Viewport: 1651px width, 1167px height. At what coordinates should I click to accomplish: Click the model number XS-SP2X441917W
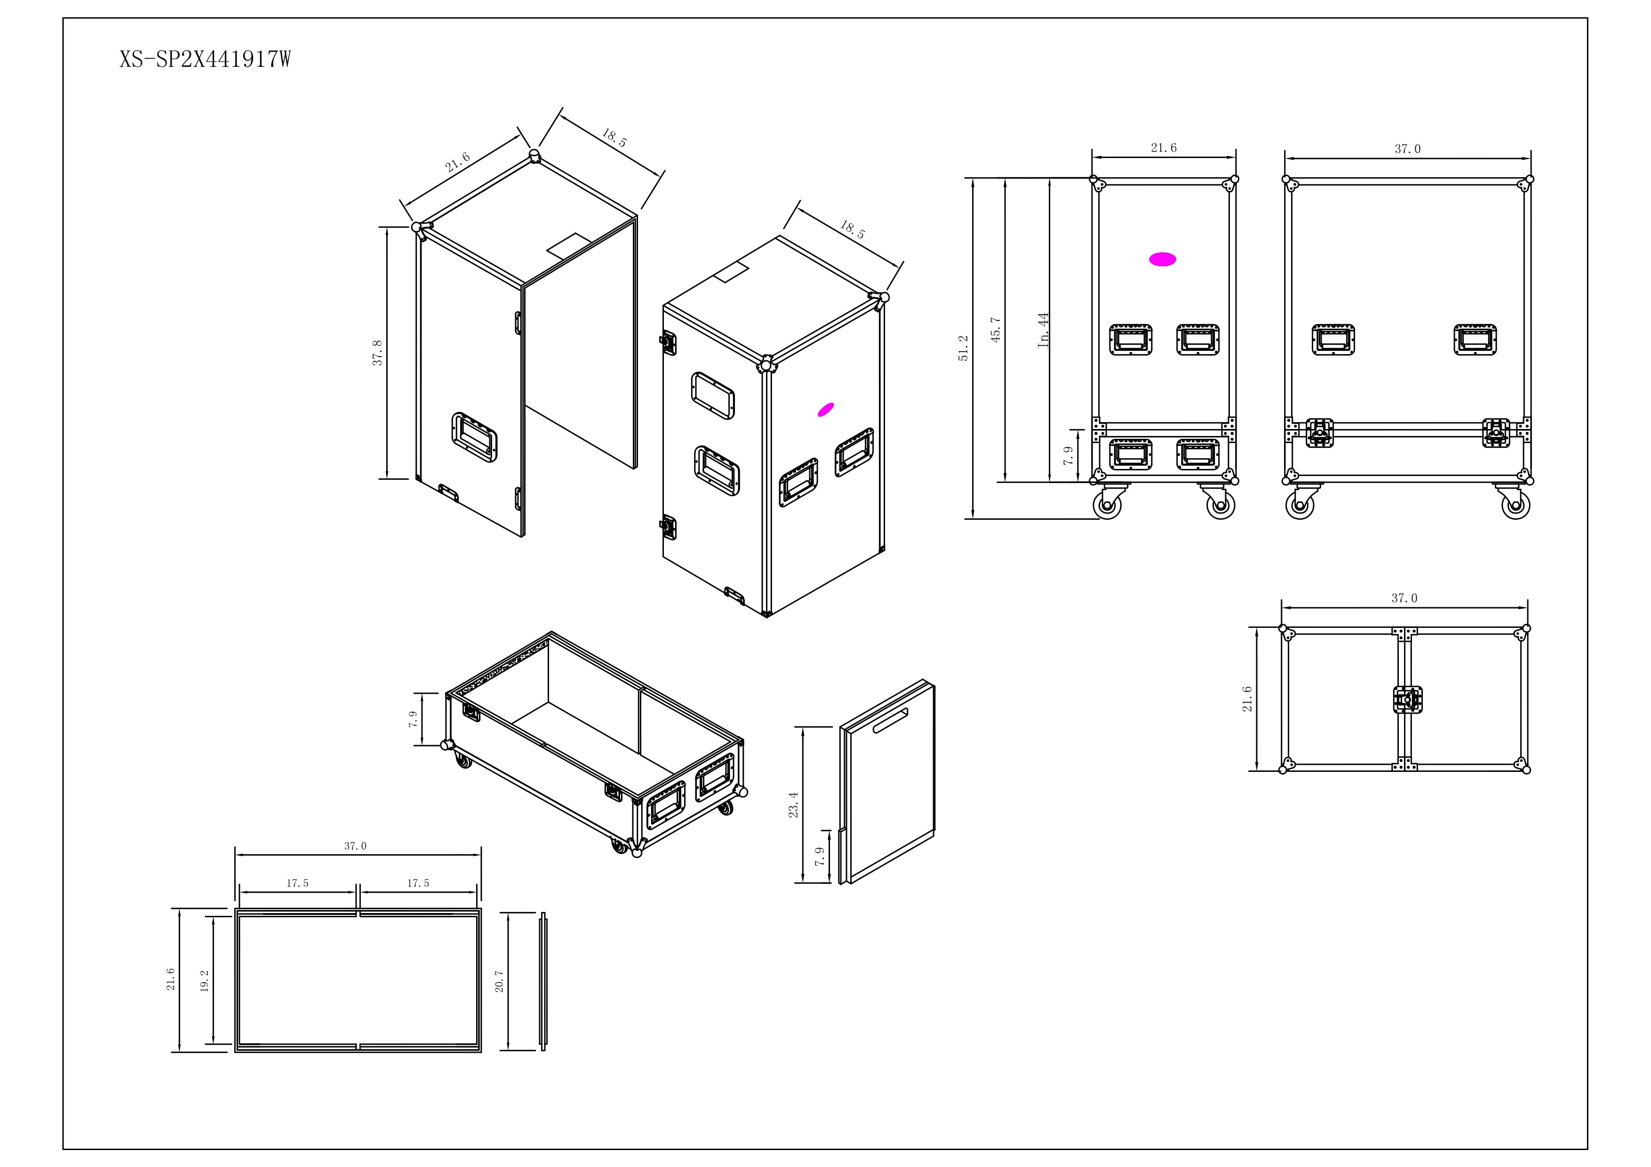pos(205,59)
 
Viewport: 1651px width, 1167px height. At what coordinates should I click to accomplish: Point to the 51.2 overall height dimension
pos(964,348)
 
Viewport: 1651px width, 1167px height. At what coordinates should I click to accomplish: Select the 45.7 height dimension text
pos(996,329)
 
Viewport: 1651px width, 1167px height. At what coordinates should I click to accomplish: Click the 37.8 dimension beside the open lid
pos(377,353)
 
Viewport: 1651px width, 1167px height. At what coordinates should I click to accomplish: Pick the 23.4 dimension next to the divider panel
pos(793,805)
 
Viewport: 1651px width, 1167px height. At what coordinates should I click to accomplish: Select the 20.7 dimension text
pos(500,981)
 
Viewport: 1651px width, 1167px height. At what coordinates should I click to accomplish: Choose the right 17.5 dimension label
pos(418,883)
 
